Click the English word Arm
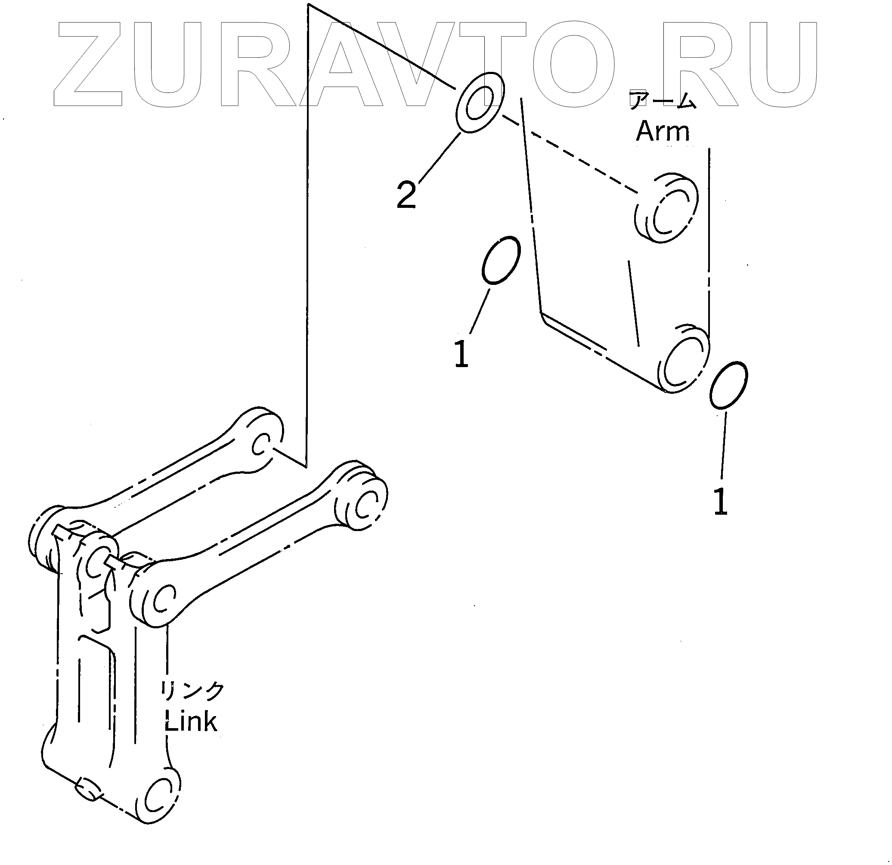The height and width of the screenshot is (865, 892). tap(662, 132)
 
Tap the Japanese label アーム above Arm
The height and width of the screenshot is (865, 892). tap(662, 100)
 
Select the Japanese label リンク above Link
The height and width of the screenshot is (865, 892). tap(192, 691)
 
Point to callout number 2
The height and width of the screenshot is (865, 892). tap(406, 195)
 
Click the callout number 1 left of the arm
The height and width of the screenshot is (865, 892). tap(461, 355)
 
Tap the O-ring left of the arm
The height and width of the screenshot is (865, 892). tap(501, 260)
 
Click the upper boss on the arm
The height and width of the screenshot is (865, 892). tap(666, 208)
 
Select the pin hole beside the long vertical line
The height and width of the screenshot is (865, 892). tap(262, 443)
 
